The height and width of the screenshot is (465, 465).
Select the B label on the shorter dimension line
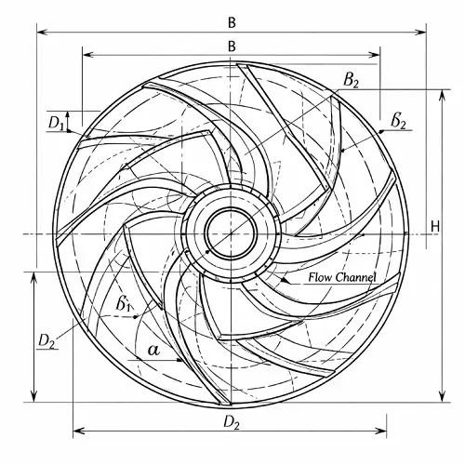pos(231,45)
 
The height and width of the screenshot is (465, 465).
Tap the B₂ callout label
pos(351,81)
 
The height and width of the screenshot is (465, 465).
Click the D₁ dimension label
pos(56,122)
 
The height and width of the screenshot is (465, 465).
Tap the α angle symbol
pos(153,351)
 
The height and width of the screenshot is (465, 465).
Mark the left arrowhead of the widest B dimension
pos(39,31)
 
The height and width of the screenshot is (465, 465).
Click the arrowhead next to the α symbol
pos(175,356)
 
